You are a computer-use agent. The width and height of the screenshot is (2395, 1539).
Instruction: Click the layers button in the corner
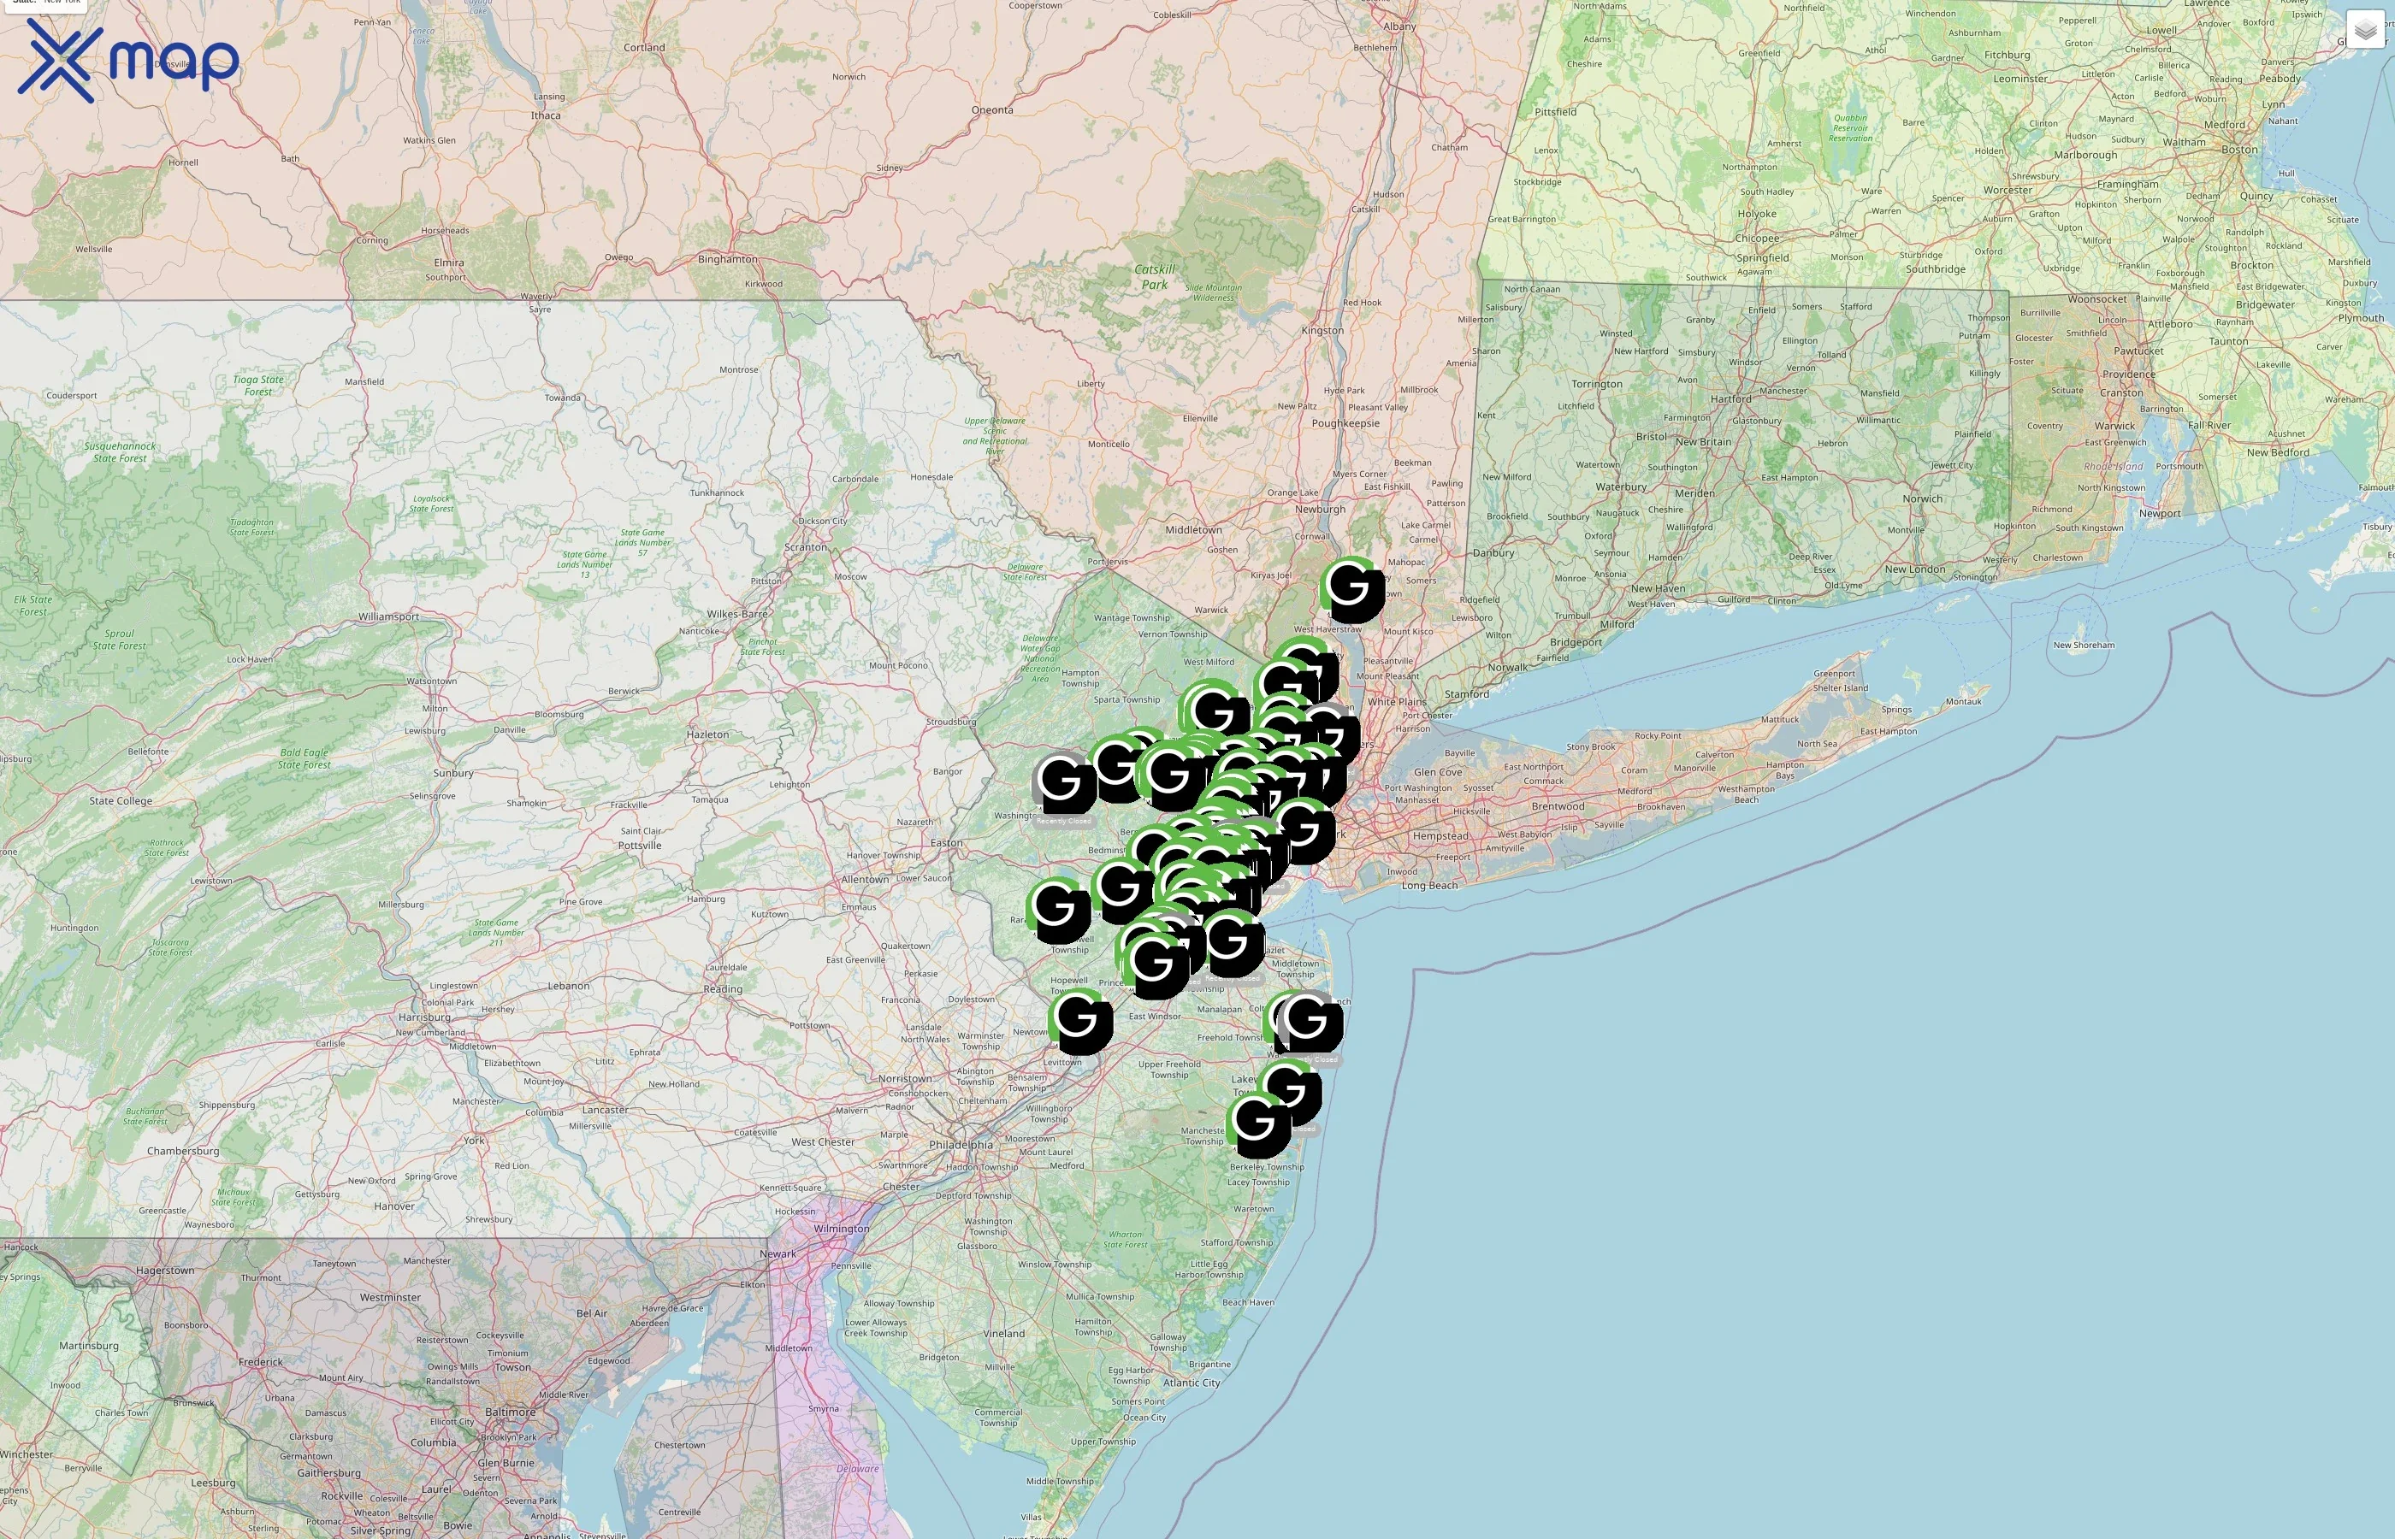(2364, 30)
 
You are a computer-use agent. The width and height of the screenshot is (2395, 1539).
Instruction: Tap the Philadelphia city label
(961, 1144)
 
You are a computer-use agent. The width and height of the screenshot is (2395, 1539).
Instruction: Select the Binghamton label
(727, 259)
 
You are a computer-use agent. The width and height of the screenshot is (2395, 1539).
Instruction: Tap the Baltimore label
(510, 1412)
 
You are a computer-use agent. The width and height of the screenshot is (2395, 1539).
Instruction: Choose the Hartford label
(1730, 398)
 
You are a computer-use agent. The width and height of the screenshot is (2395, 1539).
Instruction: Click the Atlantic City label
(1192, 1383)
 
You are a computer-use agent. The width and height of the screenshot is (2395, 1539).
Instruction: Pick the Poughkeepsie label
(1345, 422)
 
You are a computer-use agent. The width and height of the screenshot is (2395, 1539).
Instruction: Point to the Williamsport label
(389, 616)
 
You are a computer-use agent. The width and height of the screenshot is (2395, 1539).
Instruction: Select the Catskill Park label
(1155, 277)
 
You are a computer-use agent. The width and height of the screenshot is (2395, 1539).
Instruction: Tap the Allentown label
(865, 880)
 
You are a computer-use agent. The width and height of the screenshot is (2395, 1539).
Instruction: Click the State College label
(121, 800)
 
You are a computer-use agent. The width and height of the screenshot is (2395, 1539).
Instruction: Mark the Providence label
(2128, 374)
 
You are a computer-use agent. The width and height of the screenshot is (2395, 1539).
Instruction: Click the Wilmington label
(841, 1228)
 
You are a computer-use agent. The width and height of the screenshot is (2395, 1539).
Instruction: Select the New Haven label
(1658, 588)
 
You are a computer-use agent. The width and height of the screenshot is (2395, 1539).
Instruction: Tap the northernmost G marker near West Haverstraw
(1351, 587)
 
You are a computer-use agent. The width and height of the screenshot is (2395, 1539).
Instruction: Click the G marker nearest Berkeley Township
(1258, 1123)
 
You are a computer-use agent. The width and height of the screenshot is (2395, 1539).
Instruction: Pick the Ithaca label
(546, 115)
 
